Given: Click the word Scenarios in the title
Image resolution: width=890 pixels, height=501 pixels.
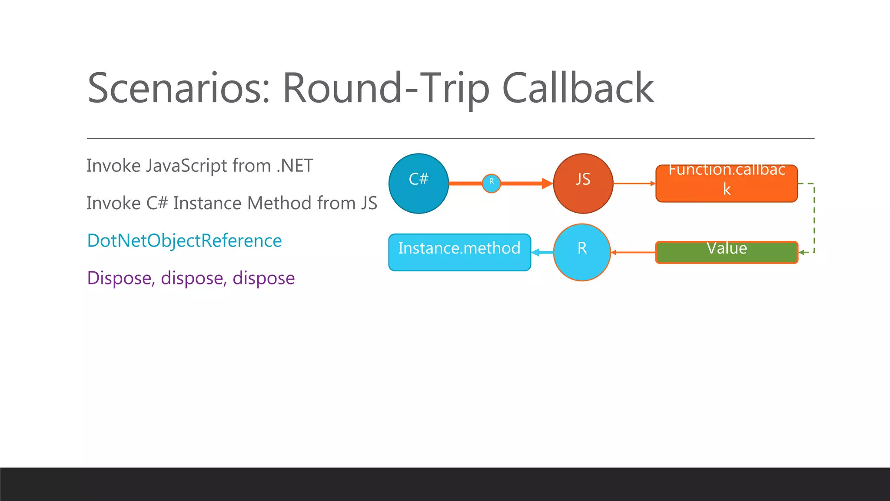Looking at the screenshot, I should click(x=179, y=89).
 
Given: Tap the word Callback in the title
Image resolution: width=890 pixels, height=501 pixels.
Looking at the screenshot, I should click(x=578, y=89).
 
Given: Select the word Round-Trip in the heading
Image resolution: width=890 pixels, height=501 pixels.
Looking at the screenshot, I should click(x=386, y=89).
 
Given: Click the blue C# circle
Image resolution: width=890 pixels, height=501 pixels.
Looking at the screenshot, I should click(x=418, y=184).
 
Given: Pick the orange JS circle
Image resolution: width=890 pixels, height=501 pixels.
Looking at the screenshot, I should click(x=583, y=184).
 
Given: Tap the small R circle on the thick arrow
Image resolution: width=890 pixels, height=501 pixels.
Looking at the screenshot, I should click(x=491, y=183).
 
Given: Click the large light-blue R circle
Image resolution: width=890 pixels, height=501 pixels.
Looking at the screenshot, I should click(x=582, y=252).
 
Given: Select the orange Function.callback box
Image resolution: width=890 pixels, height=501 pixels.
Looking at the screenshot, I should click(x=727, y=184).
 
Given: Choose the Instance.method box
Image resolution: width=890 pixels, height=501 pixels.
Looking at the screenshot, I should click(x=459, y=253).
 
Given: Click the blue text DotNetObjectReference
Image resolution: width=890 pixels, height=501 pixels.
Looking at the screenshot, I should click(x=184, y=240).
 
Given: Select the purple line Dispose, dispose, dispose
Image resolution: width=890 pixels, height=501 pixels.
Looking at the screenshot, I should click(x=191, y=278).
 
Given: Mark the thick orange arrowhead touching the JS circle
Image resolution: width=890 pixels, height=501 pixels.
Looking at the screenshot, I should click(x=547, y=183).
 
